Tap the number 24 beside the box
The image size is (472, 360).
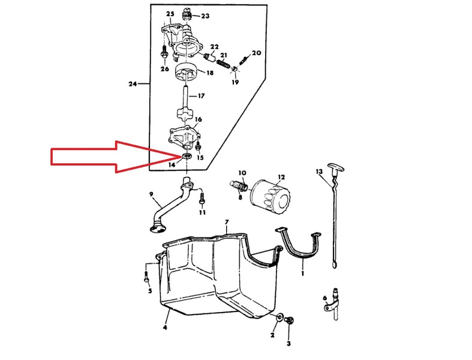click(x=133, y=84)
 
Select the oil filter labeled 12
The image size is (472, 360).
click(x=270, y=197)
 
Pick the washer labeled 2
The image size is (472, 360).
click(x=279, y=316)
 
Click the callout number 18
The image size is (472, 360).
click(x=210, y=73)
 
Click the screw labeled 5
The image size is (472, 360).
click(x=146, y=277)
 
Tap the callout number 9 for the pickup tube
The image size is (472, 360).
click(x=151, y=194)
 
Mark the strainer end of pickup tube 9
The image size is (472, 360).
click(x=158, y=228)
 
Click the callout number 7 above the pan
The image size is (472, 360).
click(x=227, y=223)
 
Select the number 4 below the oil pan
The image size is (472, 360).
click(x=165, y=328)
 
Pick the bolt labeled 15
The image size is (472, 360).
click(x=198, y=146)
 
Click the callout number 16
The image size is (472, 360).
click(x=198, y=119)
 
